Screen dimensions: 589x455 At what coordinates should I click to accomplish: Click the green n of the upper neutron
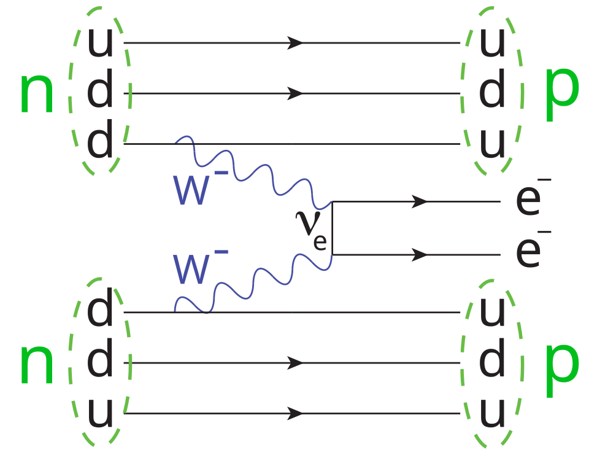(x=37, y=93)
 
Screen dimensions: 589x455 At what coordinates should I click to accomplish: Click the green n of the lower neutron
(x=37, y=365)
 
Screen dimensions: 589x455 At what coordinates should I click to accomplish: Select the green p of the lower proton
(x=561, y=370)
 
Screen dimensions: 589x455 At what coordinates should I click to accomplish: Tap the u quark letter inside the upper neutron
(x=100, y=42)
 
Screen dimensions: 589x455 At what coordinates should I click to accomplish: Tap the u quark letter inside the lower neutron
(x=100, y=413)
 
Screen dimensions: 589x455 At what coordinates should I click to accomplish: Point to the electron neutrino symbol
(x=311, y=230)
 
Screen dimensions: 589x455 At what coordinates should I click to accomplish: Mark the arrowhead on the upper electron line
(x=420, y=201)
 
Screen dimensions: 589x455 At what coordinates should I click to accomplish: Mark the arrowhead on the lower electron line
(x=420, y=255)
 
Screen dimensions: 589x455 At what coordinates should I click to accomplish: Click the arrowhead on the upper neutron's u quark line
(x=295, y=43)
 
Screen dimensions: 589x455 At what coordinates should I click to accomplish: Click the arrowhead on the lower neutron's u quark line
(x=295, y=414)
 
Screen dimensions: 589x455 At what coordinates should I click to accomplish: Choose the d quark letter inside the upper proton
(x=491, y=89)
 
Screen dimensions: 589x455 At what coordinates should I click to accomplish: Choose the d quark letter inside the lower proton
(x=491, y=357)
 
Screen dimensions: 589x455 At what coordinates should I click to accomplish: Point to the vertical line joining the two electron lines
(x=332, y=228)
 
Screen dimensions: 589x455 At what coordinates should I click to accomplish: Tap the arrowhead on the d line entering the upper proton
(x=295, y=93)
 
